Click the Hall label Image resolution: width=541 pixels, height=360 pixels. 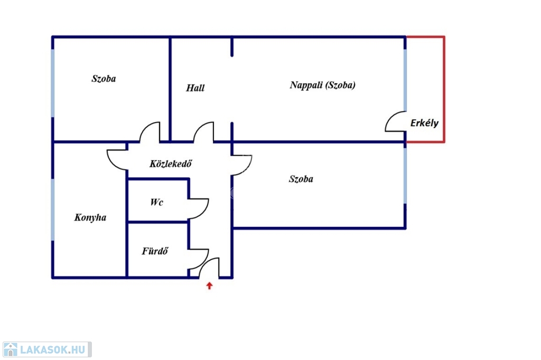195,88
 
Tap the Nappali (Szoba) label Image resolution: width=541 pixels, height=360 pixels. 322,85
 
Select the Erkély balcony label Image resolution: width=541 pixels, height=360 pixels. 424,123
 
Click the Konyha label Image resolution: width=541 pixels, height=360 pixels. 90,217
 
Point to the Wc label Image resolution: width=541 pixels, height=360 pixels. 156,202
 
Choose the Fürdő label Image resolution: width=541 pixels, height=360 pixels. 155,251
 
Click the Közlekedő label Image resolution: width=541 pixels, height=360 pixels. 170,164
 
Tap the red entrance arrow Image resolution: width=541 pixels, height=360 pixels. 209,286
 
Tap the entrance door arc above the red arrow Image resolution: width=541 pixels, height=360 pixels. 210,267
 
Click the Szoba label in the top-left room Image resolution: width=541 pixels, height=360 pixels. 104,79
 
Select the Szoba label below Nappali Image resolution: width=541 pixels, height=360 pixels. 301,179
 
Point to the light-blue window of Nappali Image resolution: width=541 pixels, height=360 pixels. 405,79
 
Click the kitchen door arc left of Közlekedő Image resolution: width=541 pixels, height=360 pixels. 117,159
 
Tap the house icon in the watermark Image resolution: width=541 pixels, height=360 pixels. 10,349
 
